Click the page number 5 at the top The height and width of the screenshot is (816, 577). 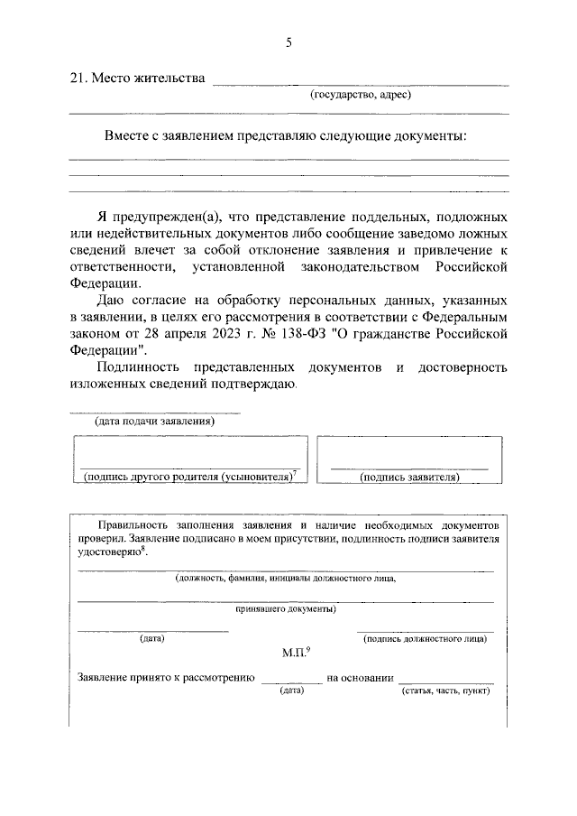(x=288, y=42)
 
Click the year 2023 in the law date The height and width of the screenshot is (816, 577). (x=236, y=333)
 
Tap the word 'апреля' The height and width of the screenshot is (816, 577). (x=191, y=333)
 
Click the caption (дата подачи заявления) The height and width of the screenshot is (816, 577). (x=154, y=422)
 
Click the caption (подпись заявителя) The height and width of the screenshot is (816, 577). (x=409, y=477)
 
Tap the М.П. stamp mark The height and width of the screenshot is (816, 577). (x=294, y=653)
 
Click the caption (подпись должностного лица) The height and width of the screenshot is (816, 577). (x=425, y=639)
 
